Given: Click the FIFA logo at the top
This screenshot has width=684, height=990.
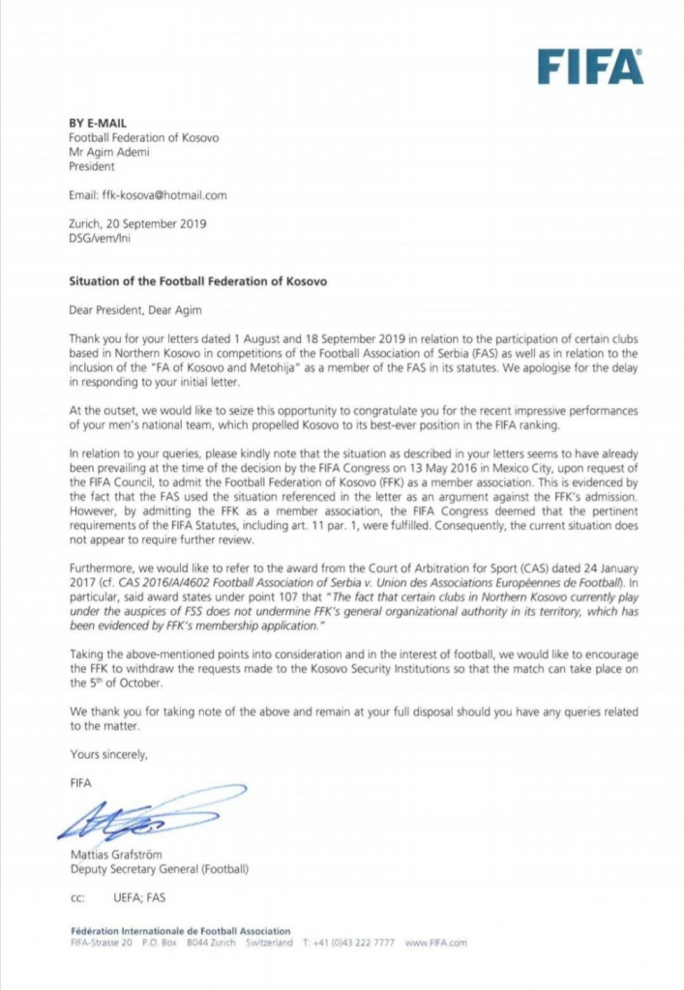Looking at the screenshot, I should coord(590,67).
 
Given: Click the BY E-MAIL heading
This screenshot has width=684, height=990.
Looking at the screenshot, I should coord(95,124).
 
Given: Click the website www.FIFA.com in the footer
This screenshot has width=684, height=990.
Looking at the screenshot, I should coord(436,942).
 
